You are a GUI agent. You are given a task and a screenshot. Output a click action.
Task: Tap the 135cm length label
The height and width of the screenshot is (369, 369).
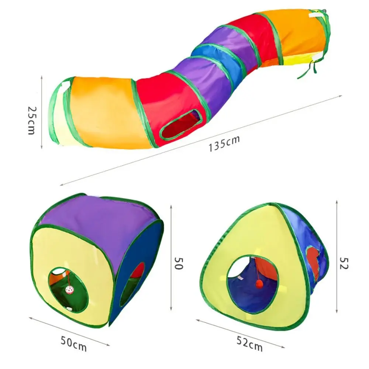click(224, 143)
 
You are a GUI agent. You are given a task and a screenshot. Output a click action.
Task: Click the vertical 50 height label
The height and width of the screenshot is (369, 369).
click(179, 263)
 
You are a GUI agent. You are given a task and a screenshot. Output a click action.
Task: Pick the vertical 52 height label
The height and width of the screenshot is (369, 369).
click(344, 263)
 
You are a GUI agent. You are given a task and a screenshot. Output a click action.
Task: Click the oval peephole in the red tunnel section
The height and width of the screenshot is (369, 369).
click(181, 124)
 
